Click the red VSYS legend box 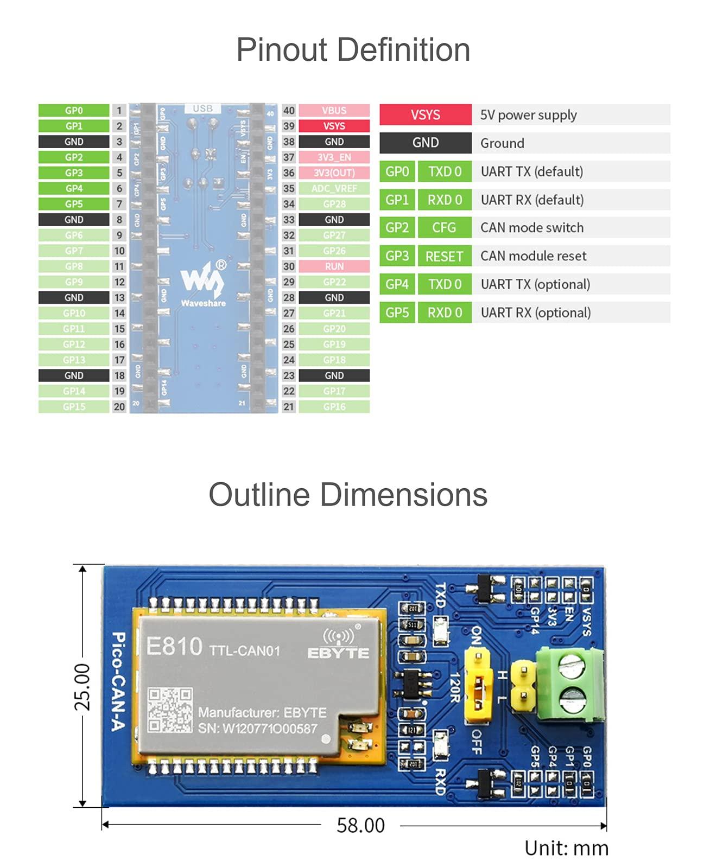click(x=425, y=115)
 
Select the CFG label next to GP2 click(x=444, y=228)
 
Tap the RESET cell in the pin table click(x=444, y=256)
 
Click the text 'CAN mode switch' click(x=532, y=228)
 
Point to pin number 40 click(x=289, y=111)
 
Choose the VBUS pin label click(x=334, y=111)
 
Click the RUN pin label click(x=334, y=266)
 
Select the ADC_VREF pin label click(x=334, y=189)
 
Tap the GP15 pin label click(x=74, y=407)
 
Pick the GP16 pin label click(x=334, y=407)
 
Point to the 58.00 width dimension click(x=360, y=826)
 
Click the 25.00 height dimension click(x=82, y=686)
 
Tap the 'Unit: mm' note click(x=566, y=848)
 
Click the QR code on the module click(x=170, y=710)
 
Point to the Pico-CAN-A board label click(x=118, y=681)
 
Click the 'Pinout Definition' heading click(x=353, y=50)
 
